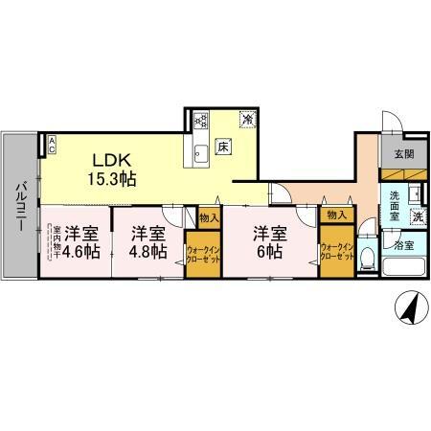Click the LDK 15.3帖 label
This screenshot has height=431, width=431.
[113, 169]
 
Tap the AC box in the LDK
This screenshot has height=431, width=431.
[52, 146]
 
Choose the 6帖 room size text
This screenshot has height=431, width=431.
[268, 252]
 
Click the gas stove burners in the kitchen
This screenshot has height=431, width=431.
[201, 121]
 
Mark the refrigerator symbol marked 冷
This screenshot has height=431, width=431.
[247, 121]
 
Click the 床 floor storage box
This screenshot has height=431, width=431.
[223, 147]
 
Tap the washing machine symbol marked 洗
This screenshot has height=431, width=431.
[418, 217]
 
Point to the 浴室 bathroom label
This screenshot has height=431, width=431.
[404, 245]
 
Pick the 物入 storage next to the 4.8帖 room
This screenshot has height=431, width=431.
[210, 217]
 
